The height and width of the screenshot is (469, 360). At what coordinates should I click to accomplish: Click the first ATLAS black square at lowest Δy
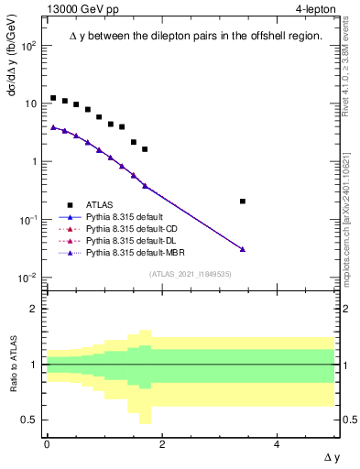click(x=53, y=98)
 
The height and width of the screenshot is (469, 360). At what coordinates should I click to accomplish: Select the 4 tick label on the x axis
click(x=277, y=443)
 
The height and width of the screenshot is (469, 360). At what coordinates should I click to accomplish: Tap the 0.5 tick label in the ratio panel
click(x=32, y=420)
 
